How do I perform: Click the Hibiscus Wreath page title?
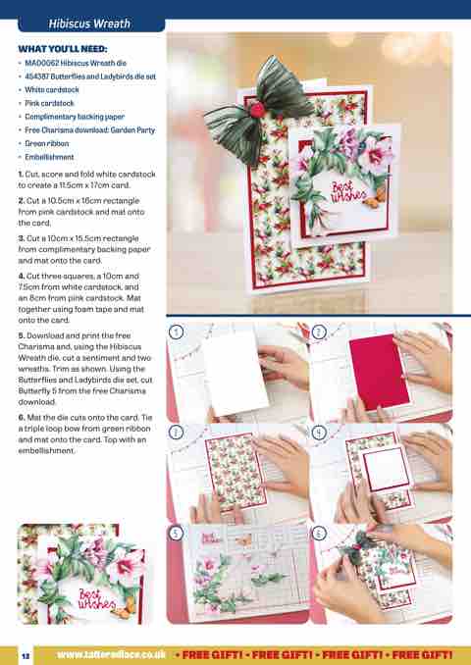pyautogui.click(x=89, y=24)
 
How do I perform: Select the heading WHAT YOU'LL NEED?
pyautogui.click(x=63, y=49)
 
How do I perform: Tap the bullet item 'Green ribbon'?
pyautogui.click(x=47, y=143)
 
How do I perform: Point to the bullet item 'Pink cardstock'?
pyautogui.click(x=49, y=103)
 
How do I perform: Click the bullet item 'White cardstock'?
pyautogui.click(x=52, y=89)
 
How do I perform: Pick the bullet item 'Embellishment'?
pyautogui.click(x=49, y=157)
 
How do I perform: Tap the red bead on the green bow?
pyautogui.click(x=257, y=110)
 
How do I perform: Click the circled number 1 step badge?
pyautogui.click(x=176, y=332)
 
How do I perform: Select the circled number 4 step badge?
pyautogui.click(x=319, y=433)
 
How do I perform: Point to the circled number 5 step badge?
pyautogui.click(x=176, y=534)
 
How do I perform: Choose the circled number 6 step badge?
pyautogui.click(x=319, y=534)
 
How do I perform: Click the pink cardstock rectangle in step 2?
pyautogui.click(x=379, y=371)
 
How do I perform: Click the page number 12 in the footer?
pyautogui.click(x=26, y=655)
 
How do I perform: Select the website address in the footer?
pyautogui.click(x=111, y=654)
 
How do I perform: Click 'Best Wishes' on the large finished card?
pyautogui.click(x=348, y=191)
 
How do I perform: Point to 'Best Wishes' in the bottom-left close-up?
pyautogui.click(x=97, y=599)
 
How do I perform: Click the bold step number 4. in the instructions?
pyautogui.click(x=22, y=276)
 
